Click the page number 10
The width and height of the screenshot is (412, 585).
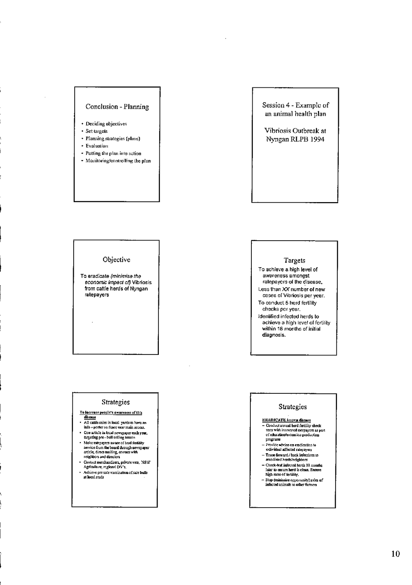tap(396, 554)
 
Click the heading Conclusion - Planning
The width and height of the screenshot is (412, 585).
tap(117, 107)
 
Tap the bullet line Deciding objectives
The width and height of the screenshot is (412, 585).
tap(106, 123)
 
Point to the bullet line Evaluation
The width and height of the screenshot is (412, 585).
tap(97, 146)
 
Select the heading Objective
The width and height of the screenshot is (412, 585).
tap(116, 260)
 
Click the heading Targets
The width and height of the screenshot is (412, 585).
tap(294, 260)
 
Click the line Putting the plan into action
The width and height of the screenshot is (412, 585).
tap(113, 153)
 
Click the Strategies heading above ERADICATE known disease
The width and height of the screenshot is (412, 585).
tap(293, 407)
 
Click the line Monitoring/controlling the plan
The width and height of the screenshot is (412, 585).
tap(118, 161)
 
